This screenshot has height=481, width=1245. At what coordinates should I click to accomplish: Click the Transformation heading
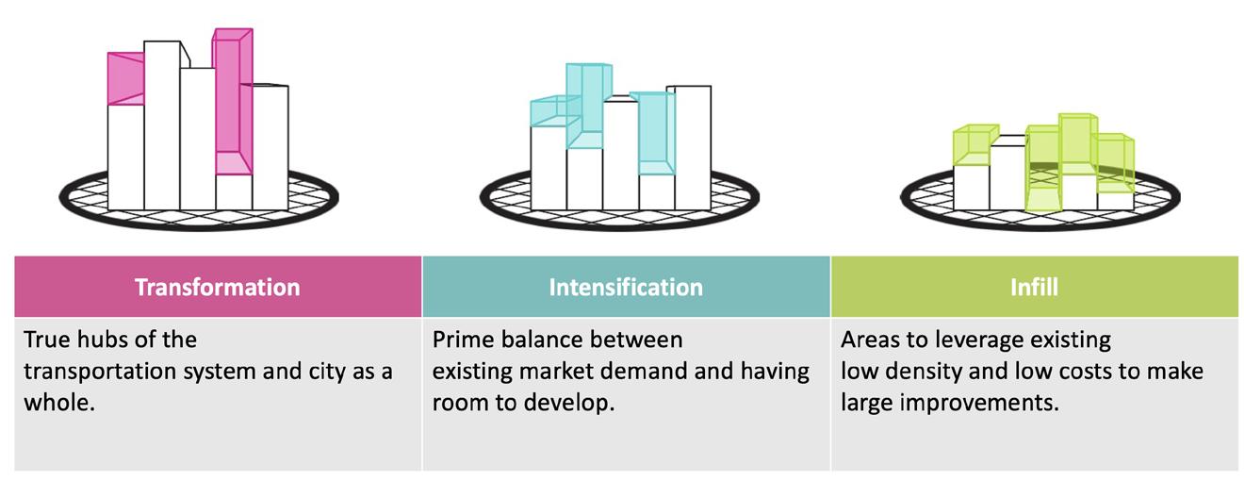pyautogui.click(x=218, y=286)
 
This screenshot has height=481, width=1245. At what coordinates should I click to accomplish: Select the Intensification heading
pyautogui.click(x=626, y=286)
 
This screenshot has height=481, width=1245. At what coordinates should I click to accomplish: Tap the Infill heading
pyautogui.click(x=1033, y=286)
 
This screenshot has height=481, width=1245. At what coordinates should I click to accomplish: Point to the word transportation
pyautogui.click(x=96, y=371)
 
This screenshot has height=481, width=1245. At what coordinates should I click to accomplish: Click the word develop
pyautogui.click(x=570, y=402)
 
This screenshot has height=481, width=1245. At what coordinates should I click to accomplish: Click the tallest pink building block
pyautogui.click(x=232, y=94)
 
